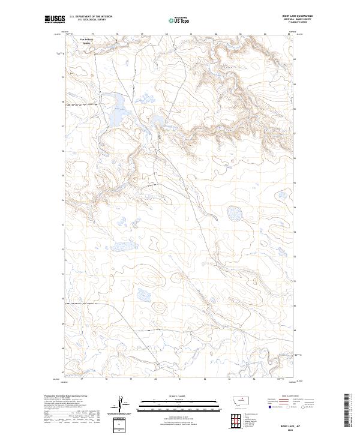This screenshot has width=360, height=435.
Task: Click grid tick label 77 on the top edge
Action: point(92,34)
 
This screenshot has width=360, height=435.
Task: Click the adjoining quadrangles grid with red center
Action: point(233,419)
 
